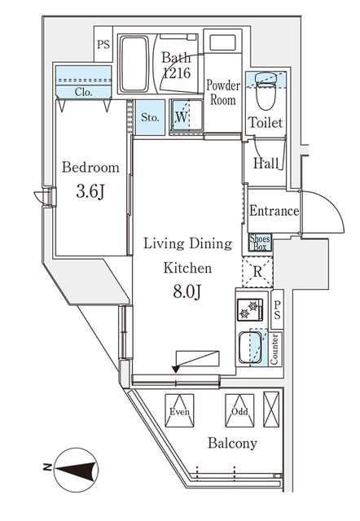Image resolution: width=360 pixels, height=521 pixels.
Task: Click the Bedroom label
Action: coord(90,168)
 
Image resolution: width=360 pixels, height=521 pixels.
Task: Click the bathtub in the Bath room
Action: coord(140,64)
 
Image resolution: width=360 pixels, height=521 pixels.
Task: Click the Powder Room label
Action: coord(222,92)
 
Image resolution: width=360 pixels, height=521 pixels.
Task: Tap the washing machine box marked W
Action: coord(182,116)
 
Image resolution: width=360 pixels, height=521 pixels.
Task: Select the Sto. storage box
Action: coord(150,116)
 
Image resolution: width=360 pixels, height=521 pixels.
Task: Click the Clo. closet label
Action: coord(83,92)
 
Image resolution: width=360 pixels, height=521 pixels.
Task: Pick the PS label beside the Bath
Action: coord(103,46)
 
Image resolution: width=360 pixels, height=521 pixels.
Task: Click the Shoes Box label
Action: coord(260,243)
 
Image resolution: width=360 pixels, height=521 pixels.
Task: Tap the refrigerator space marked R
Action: coord(257,271)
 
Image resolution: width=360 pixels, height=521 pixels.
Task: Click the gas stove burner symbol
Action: coord(249,309)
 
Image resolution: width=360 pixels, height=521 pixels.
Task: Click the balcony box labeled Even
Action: coord(180,411)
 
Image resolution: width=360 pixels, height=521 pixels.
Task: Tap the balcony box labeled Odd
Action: coord(239,411)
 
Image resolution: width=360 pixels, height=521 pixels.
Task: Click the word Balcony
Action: coord(232,444)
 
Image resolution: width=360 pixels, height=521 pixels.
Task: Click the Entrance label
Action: coord(273,211)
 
